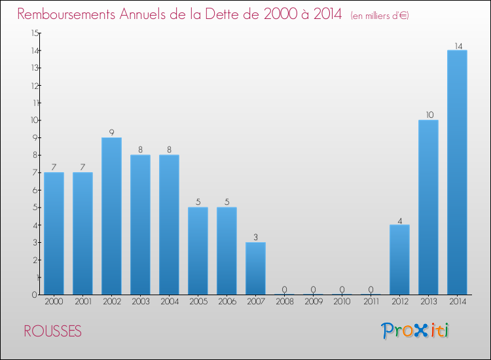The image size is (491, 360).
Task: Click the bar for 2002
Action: pos(111,216)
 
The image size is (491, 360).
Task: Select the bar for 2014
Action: pos(457,172)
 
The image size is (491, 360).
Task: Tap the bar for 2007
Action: pos(255,268)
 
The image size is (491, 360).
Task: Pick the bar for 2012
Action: pos(399,260)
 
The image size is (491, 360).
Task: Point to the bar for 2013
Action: pos(428,207)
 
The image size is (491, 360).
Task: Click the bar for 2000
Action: pos(54,234)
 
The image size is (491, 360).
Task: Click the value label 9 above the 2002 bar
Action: pos(111,132)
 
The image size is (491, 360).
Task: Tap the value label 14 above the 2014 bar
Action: pos(458,46)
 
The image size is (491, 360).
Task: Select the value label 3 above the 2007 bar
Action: pos(255,237)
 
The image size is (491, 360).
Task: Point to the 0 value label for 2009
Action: pos(313,289)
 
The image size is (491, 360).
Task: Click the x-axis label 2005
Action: pos(198,302)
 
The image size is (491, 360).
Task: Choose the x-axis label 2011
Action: pos(371,302)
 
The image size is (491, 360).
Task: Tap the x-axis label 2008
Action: pos(284,302)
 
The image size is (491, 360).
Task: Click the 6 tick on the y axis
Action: pos(34,190)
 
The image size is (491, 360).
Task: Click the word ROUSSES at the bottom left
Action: pos(52,332)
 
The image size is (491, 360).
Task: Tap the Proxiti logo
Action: pos(415,331)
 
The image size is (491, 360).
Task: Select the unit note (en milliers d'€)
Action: pos(380,16)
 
